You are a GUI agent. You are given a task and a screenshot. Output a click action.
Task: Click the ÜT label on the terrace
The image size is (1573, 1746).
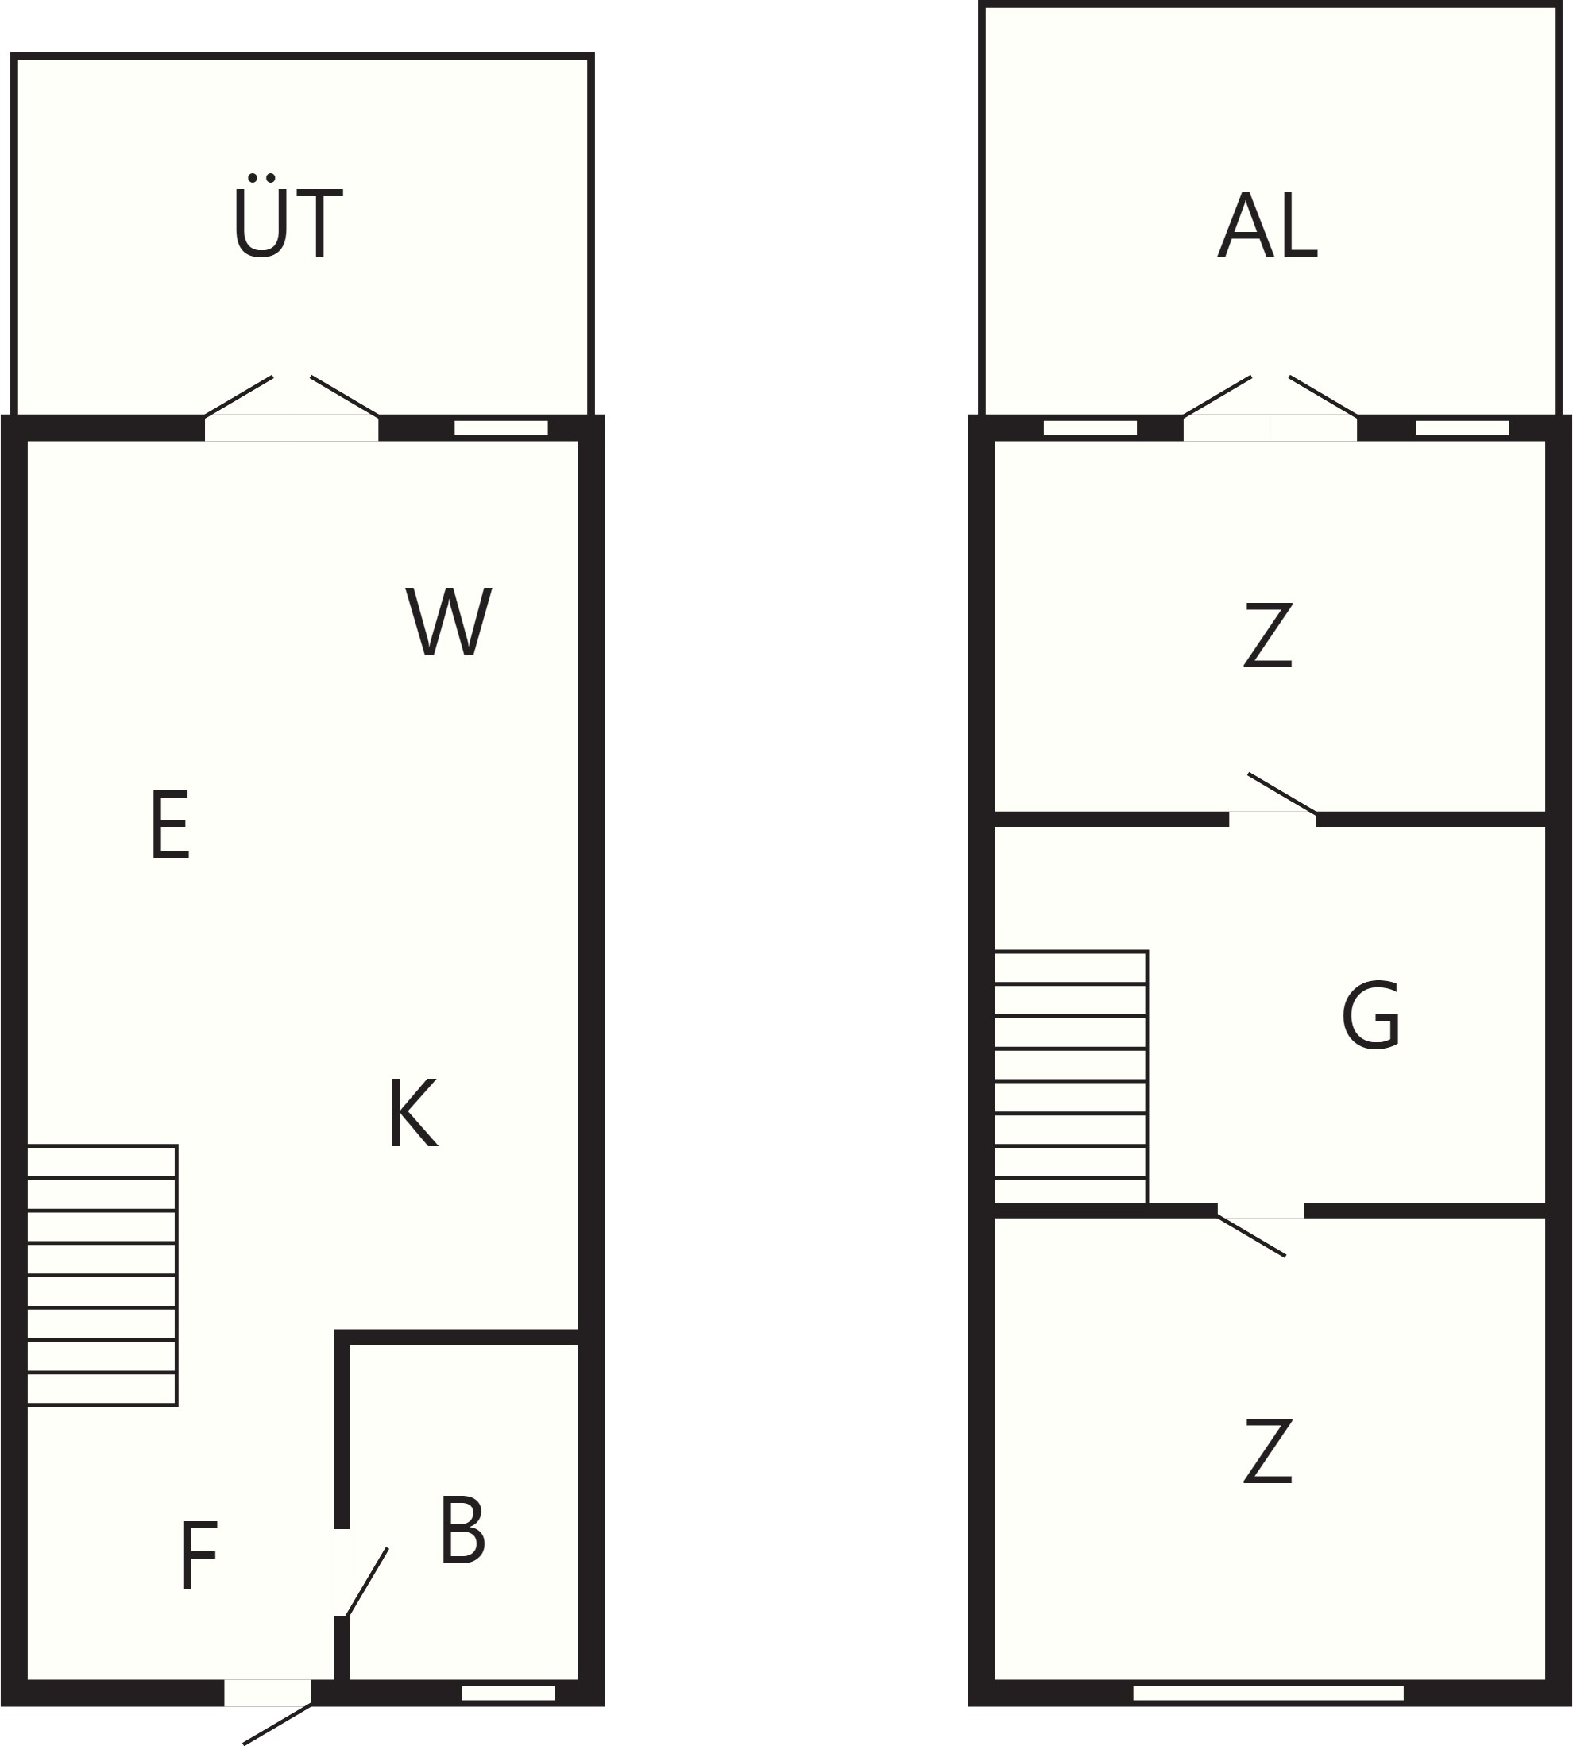(288, 216)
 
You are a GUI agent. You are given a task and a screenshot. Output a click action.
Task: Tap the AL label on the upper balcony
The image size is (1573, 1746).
(1268, 225)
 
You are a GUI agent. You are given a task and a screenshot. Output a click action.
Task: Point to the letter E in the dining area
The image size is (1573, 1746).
(170, 825)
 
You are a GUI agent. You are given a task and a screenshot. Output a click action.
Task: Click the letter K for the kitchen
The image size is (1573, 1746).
(413, 1112)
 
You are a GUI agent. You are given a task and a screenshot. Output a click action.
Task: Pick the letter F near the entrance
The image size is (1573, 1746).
(199, 1555)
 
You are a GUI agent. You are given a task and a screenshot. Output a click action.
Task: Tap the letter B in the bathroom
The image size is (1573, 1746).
(462, 1530)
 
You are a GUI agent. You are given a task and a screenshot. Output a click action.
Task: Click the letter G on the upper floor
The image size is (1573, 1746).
(1370, 1016)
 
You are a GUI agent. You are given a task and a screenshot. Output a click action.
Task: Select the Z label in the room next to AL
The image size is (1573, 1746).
(1268, 635)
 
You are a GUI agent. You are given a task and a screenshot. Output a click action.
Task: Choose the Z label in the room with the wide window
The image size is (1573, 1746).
(1268, 1450)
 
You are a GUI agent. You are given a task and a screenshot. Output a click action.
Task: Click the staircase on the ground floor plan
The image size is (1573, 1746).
(102, 1275)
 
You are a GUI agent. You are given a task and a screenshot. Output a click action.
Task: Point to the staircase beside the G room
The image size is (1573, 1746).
(1071, 1077)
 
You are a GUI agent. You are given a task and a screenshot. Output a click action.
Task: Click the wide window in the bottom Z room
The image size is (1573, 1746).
(1268, 1693)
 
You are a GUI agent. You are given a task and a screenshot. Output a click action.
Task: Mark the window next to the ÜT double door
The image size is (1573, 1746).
(501, 428)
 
